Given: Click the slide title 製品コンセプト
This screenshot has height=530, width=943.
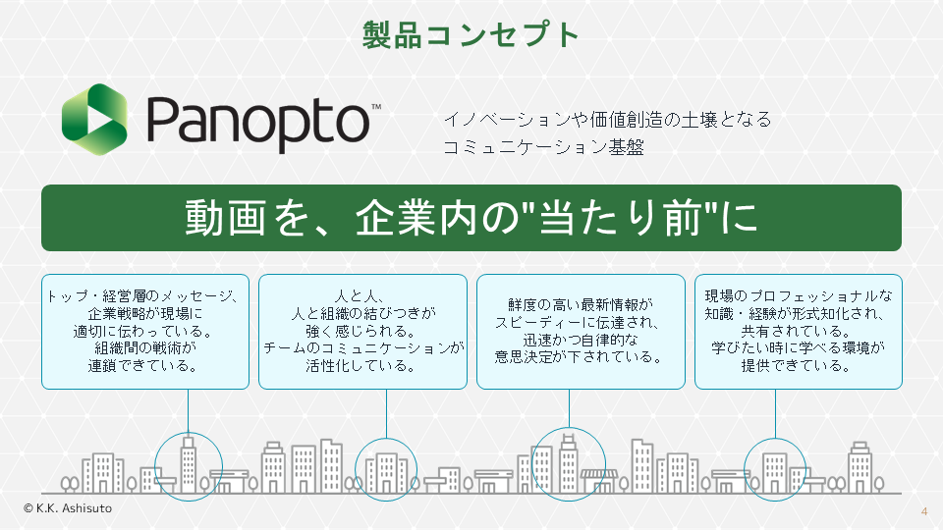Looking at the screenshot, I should (x=471, y=35).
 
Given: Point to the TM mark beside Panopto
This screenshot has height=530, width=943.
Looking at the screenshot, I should (x=377, y=105).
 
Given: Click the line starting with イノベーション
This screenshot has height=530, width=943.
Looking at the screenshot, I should (x=607, y=120).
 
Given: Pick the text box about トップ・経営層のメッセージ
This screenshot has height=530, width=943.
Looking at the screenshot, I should (x=145, y=331).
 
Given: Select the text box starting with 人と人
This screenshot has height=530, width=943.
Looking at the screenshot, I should (x=363, y=331).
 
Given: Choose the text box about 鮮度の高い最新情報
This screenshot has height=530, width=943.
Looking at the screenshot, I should (x=581, y=331).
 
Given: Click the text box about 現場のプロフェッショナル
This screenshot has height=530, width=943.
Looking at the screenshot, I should (x=798, y=331).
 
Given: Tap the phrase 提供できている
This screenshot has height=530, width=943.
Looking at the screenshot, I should (x=798, y=366).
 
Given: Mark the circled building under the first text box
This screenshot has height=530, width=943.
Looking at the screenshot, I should (x=189, y=464).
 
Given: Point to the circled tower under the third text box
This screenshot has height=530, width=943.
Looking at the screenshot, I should (x=568, y=462).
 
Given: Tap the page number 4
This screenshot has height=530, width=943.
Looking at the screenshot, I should (x=924, y=511).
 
